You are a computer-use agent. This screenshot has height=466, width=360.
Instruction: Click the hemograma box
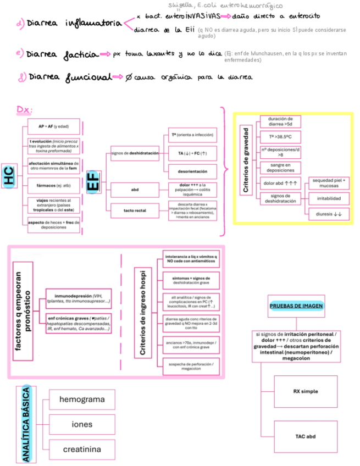[x=82, y=400]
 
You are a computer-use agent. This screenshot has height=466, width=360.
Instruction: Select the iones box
[x=82, y=424]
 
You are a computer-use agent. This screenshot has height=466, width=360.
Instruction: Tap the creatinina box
[x=82, y=449]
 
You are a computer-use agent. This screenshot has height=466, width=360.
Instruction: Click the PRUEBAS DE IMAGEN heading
[x=296, y=306]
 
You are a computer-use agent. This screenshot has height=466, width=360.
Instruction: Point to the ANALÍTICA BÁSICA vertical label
[x=25, y=423]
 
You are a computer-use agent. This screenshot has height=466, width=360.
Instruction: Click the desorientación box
[x=192, y=171]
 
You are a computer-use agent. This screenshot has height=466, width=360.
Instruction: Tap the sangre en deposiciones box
[x=280, y=167]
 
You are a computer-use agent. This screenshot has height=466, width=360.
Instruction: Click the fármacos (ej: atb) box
[x=53, y=185]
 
